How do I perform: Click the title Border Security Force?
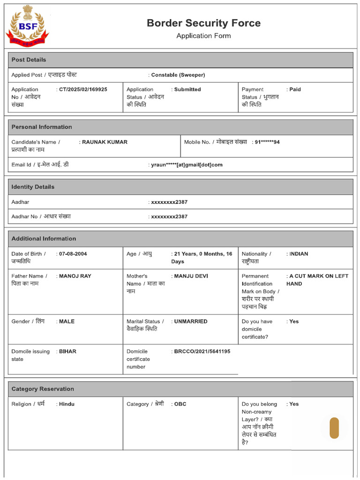pos(203,23)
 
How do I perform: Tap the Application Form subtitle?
pos(203,36)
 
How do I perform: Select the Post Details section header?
pos(29,60)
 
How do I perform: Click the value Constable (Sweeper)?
pos(178,75)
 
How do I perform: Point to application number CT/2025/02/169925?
pos(83,90)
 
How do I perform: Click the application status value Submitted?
pos(187,90)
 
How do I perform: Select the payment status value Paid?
pos(295,90)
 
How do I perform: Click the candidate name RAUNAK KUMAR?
pos(105,142)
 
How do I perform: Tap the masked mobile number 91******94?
pos(267,142)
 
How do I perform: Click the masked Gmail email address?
pos(187,165)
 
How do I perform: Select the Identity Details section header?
pos(33,187)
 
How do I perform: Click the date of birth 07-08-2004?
pos(73,254)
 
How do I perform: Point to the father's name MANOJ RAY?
pos(75,276)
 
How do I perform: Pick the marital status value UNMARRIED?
pos(191,322)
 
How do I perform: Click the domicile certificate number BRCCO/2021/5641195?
pos(202,352)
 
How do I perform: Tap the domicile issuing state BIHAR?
pos(67,352)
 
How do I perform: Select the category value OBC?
pos(180,404)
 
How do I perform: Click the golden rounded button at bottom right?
pos(334,428)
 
